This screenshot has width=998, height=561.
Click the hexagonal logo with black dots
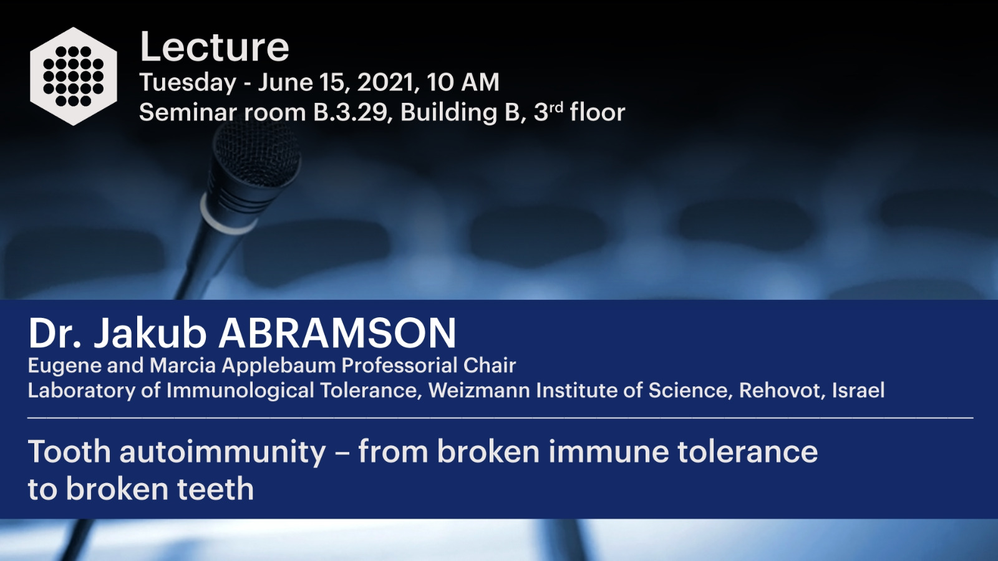click(74, 76)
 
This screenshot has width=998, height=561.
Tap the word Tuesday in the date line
click(188, 83)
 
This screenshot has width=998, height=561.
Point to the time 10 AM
click(463, 82)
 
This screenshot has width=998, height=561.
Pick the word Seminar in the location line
click(188, 112)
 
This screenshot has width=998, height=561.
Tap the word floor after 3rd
click(598, 112)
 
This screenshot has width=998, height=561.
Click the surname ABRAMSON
click(337, 333)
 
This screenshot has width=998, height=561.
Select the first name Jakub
click(150, 333)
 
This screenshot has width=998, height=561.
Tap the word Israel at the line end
click(858, 390)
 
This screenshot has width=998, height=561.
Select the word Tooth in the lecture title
click(69, 451)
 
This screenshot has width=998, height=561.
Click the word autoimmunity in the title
click(223, 453)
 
